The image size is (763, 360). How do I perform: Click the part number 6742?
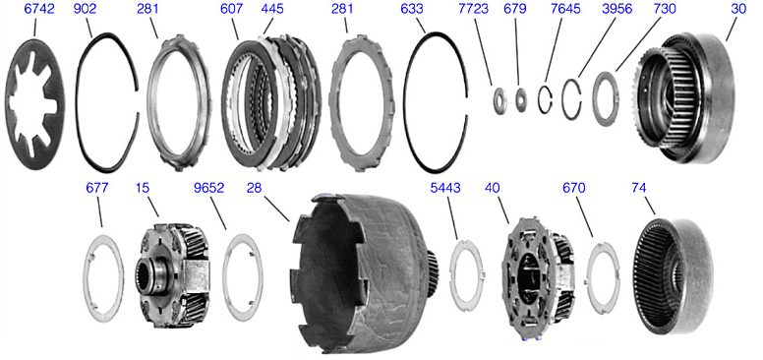(x=39, y=9)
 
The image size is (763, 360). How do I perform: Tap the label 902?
(x=85, y=9)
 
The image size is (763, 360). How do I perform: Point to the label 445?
(x=272, y=9)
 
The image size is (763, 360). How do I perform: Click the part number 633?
(x=412, y=9)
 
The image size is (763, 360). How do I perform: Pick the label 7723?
(x=473, y=9)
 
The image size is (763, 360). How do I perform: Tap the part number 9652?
(x=208, y=188)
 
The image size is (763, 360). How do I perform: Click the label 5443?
(x=445, y=188)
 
